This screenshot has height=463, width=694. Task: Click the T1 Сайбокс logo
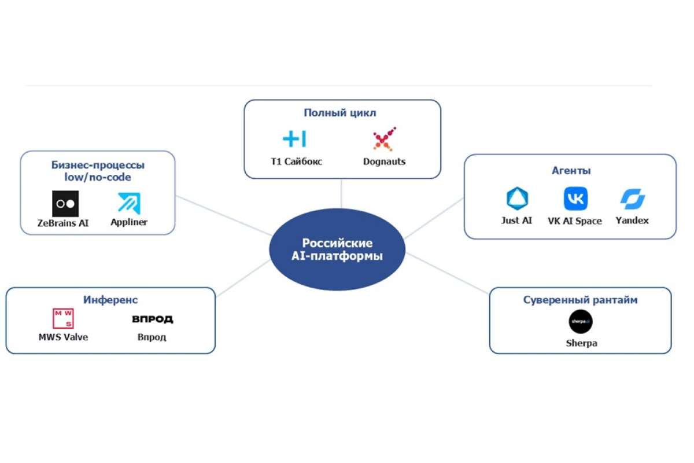click(294, 139)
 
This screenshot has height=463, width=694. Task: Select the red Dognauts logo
click(384, 139)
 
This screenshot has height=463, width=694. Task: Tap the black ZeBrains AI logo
click(65, 204)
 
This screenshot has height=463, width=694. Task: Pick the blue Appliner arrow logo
click(129, 204)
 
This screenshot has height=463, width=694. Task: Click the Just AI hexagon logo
click(517, 199)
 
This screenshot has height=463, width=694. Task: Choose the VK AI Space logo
click(575, 199)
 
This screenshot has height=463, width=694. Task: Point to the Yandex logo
click(632, 199)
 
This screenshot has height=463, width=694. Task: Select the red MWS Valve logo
click(63, 318)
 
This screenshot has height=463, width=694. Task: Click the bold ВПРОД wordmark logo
click(153, 319)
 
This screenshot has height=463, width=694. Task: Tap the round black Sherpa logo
click(581, 321)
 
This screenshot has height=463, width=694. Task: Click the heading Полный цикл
click(340, 113)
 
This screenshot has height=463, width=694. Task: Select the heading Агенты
click(571, 170)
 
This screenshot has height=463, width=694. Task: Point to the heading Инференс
click(110, 300)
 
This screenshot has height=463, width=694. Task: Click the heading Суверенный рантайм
click(580, 300)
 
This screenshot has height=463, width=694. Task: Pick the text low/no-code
click(98, 177)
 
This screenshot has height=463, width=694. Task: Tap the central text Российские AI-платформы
click(337, 249)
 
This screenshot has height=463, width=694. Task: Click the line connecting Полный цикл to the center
click(341, 193)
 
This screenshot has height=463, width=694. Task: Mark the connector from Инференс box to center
click(243, 278)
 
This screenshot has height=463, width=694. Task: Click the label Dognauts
click(384, 161)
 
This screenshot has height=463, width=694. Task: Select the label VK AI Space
click(575, 221)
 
